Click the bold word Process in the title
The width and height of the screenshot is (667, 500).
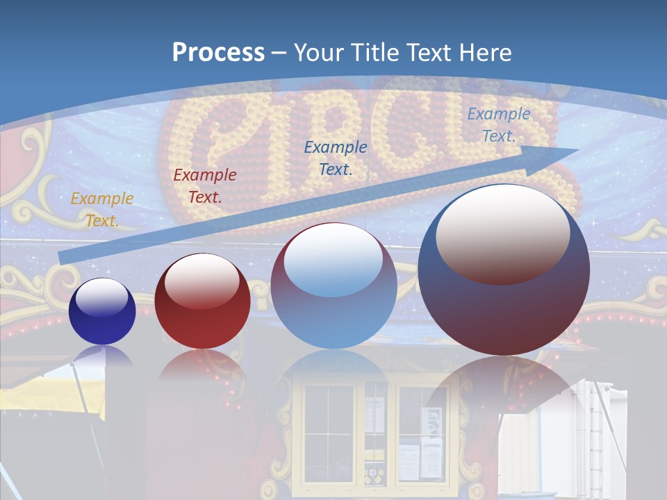click(x=218, y=53)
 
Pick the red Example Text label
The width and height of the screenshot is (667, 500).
click(x=205, y=186)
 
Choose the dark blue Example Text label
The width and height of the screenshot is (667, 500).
click(x=336, y=158)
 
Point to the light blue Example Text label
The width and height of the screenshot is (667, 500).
click(x=498, y=125)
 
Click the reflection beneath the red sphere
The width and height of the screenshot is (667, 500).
click(x=202, y=365)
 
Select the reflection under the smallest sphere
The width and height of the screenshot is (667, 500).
click(x=102, y=356)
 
